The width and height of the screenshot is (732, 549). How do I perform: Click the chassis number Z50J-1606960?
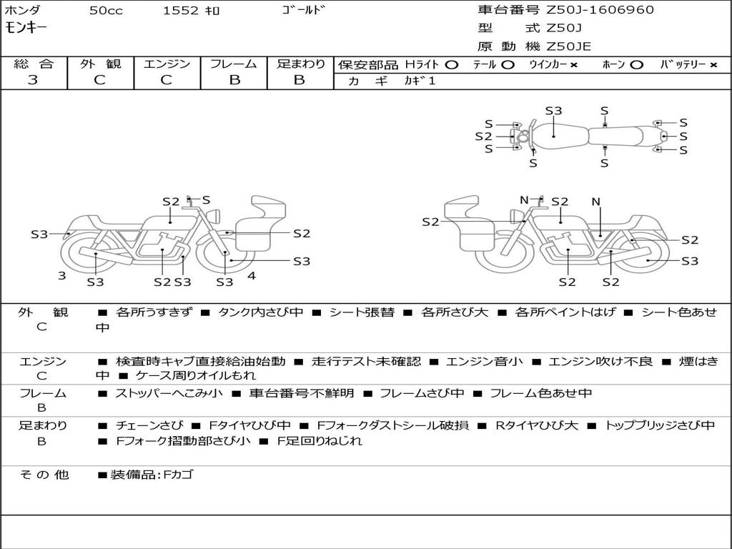click(600, 10)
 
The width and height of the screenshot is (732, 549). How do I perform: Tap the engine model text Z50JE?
click(568, 46)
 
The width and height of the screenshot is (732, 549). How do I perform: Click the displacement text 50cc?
click(105, 11)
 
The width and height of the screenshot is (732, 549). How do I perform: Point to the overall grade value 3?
click(33, 80)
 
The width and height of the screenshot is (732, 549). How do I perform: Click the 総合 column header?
click(34, 64)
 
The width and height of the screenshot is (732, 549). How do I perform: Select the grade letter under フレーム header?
click(234, 80)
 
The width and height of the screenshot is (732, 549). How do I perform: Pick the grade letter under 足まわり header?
click(300, 80)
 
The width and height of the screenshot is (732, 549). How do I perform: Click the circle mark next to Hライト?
click(451, 64)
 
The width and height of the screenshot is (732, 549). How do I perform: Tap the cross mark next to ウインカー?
click(574, 64)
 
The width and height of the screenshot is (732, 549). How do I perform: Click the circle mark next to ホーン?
click(636, 64)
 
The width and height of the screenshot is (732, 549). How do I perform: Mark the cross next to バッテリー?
click(713, 64)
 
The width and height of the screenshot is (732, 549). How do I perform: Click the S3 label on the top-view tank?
click(554, 111)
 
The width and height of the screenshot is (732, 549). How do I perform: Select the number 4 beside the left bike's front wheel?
click(251, 275)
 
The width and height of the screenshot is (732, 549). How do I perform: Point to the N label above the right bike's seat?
click(595, 202)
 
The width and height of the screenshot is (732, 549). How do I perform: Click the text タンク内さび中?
click(260, 312)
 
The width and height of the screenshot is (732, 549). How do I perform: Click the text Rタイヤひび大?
click(537, 425)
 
